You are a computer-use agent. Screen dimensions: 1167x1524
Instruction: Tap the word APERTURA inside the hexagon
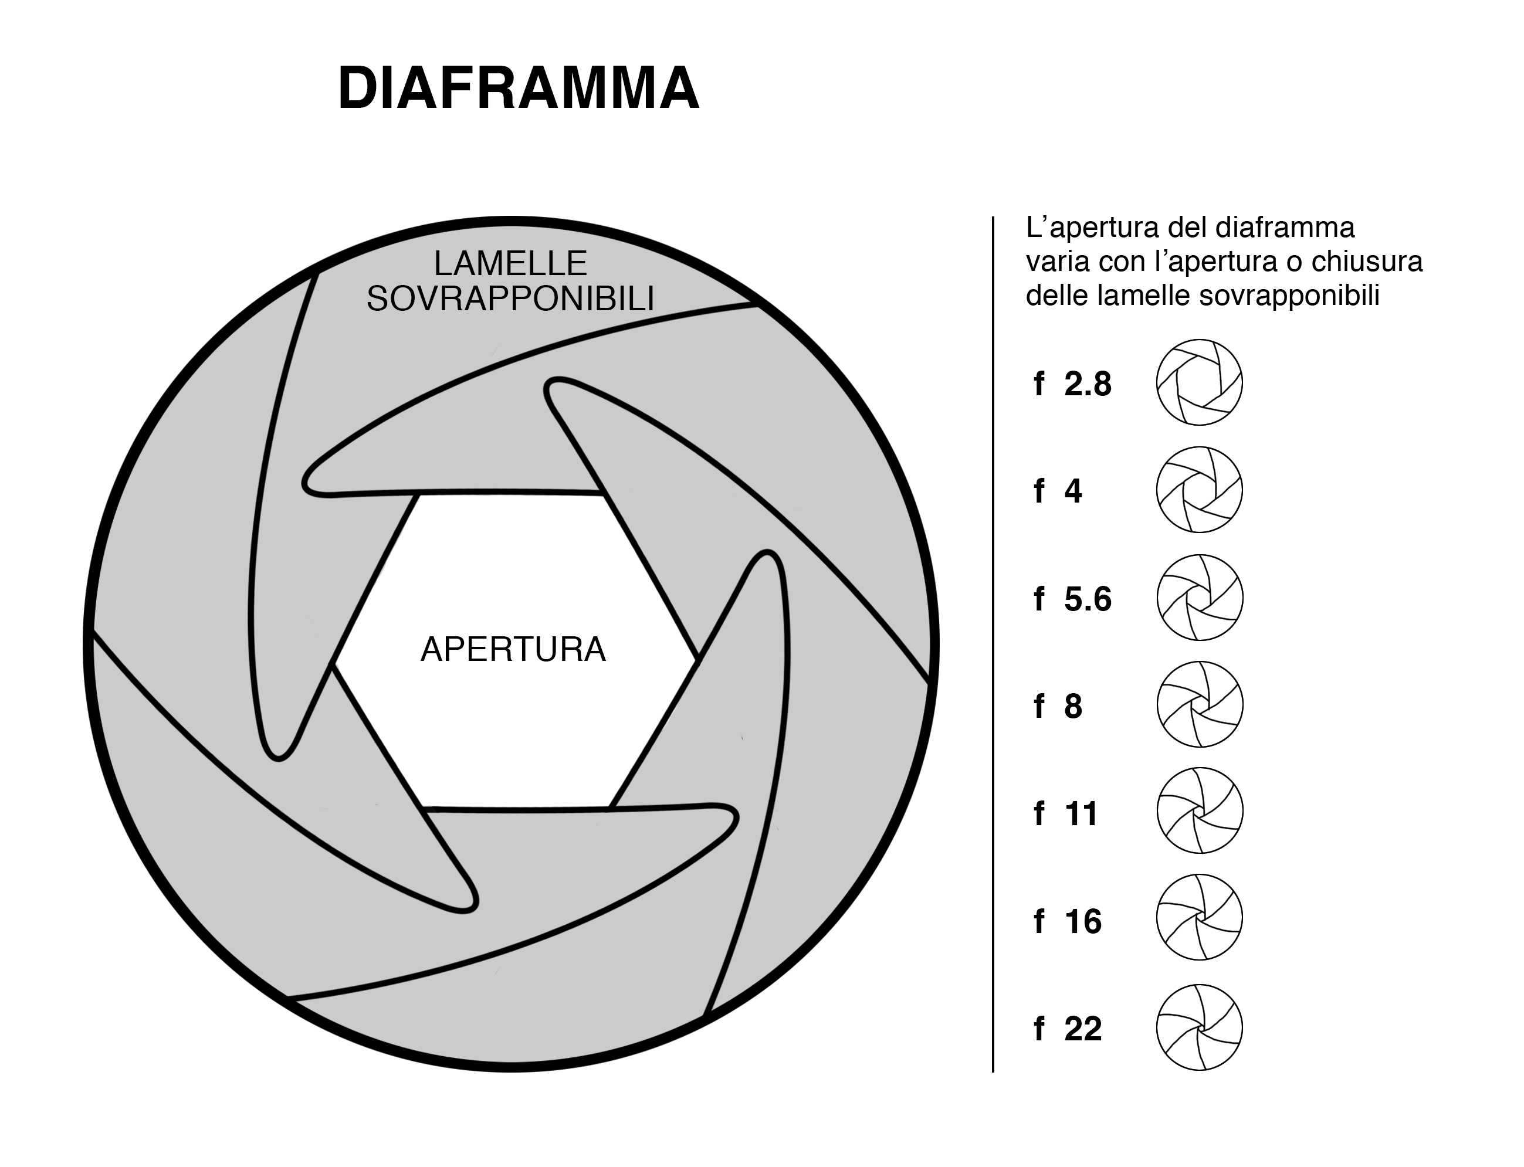point(513,650)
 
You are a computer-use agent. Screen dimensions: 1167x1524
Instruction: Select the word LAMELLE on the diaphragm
point(510,264)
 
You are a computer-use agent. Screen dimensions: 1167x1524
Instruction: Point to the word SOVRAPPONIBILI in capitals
point(510,298)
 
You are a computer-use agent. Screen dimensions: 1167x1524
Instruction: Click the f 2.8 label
point(1072,384)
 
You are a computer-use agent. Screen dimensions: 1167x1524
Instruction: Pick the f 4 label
point(1058,491)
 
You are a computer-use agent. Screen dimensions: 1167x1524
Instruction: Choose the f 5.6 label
point(1072,599)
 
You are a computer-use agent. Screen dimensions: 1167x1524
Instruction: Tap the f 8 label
point(1058,707)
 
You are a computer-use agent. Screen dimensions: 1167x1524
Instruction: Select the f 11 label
point(1065,813)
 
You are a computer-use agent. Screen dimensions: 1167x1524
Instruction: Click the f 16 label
point(1068,922)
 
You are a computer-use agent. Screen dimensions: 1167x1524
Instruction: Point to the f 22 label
point(1068,1029)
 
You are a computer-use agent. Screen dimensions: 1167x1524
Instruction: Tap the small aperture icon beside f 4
point(1200,490)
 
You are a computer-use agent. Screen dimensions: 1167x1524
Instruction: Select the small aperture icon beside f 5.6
point(1200,598)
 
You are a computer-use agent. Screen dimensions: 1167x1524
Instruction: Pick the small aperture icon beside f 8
point(1200,704)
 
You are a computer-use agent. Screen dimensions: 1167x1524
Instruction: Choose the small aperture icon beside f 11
point(1200,810)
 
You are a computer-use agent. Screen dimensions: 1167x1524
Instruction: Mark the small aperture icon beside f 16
point(1200,918)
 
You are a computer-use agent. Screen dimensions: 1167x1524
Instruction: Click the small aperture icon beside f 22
point(1200,1027)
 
